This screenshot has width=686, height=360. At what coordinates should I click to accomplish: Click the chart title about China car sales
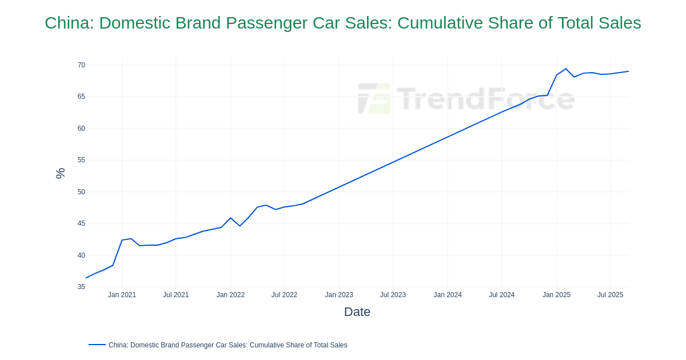[x=343, y=23]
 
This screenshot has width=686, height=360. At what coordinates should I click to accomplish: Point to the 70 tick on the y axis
[x=81, y=65]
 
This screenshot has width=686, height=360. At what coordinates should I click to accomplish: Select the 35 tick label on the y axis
[x=81, y=287]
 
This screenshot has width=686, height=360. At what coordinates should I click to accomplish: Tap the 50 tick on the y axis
[x=81, y=192]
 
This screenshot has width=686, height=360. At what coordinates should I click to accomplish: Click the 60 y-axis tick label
[x=81, y=129]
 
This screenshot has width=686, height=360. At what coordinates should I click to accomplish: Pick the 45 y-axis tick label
[x=81, y=223]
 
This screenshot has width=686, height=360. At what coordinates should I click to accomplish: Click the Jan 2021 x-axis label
[x=122, y=295]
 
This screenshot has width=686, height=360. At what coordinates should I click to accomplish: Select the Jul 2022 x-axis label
[x=284, y=295]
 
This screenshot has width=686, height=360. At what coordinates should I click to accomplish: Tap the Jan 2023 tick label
[x=339, y=295]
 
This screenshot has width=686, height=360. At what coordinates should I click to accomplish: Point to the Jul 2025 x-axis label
[x=610, y=295]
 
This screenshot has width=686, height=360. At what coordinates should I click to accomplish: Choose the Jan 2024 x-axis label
[x=448, y=295]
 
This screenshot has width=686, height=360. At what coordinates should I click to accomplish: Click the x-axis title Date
[x=357, y=312]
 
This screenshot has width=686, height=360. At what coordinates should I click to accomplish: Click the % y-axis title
[x=60, y=173]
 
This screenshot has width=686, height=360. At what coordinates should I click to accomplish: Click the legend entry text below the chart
[x=228, y=345]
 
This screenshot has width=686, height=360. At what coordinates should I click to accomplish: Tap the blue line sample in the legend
[x=97, y=345]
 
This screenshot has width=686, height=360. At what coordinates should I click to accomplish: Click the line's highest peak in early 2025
[x=565, y=69]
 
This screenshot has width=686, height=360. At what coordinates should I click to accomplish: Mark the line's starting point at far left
[x=86, y=278]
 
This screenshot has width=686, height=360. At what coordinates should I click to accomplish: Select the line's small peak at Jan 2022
[x=230, y=218]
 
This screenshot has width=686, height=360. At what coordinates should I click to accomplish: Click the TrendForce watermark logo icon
[x=374, y=98]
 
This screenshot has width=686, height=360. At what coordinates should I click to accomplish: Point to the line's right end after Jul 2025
[x=628, y=71]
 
